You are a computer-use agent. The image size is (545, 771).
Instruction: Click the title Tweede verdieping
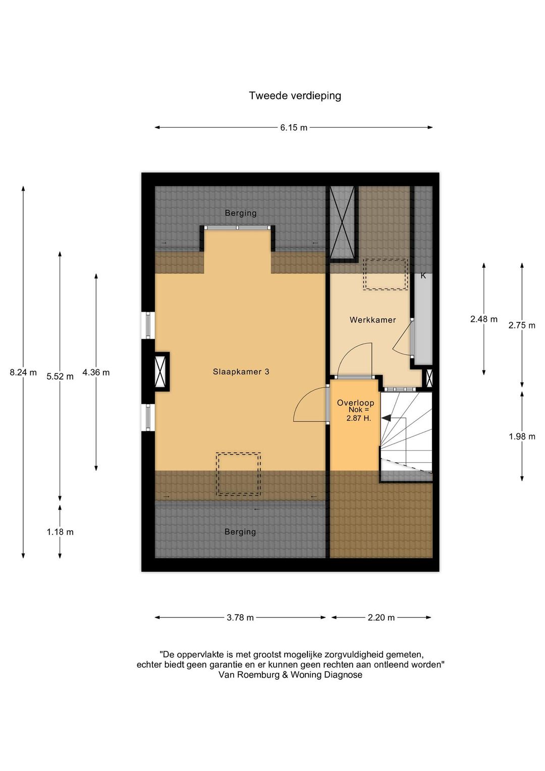click(295, 96)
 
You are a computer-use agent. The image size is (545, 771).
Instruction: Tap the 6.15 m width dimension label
click(293, 128)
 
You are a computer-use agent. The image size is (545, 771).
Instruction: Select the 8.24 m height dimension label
click(23, 372)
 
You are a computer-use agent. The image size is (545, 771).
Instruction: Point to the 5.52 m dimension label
click(60, 376)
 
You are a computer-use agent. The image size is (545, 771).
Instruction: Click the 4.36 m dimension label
click(96, 372)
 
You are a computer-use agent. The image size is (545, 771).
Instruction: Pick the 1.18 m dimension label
click(60, 532)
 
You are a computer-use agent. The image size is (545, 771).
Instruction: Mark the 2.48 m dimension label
click(484, 319)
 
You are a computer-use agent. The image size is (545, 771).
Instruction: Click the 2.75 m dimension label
click(522, 325)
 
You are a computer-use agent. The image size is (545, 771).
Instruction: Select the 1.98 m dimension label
click(522, 436)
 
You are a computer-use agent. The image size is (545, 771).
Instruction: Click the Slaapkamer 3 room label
click(241, 372)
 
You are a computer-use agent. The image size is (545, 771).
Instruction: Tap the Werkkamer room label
click(372, 320)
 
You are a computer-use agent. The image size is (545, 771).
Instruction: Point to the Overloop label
click(355, 402)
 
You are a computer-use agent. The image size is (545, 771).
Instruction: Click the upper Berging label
click(241, 213)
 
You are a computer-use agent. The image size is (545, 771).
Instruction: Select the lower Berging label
click(240, 532)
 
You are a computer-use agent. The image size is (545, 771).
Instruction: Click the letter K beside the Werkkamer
click(423, 276)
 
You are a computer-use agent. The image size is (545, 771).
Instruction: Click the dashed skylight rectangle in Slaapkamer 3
click(238, 474)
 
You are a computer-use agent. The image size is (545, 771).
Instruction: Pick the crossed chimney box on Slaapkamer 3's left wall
click(160, 371)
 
